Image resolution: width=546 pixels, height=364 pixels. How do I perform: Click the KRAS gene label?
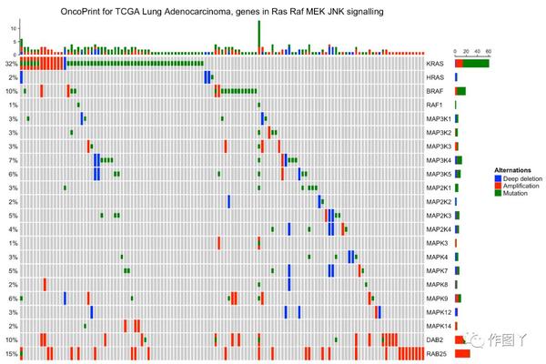pyautogui.click(x=435, y=64)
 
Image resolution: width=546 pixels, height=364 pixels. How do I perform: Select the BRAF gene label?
pyautogui.click(x=435, y=91)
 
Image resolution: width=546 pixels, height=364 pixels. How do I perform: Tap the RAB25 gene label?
pyautogui.click(x=437, y=352)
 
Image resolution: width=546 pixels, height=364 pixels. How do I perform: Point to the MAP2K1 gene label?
pyautogui.click(x=440, y=187)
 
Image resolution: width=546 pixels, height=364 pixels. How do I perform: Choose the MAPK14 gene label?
pyautogui.click(x=439, y=325)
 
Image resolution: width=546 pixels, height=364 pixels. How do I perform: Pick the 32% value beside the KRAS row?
pyautogui.click(x=11, y=64)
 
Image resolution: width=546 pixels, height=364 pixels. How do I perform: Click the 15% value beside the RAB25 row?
pyautogui.click(x=11, y=352)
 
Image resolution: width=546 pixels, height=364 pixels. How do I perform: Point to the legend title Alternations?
pyautogui.click(x=511, y=170)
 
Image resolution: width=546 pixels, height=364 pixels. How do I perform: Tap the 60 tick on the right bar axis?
pyautogui.click(x=488, y=51)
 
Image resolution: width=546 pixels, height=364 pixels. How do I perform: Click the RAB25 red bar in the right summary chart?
pyautogui.click(x=462, y=352)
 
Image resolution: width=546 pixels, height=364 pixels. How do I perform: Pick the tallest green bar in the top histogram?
pyautogui.click(x=258, y=33)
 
